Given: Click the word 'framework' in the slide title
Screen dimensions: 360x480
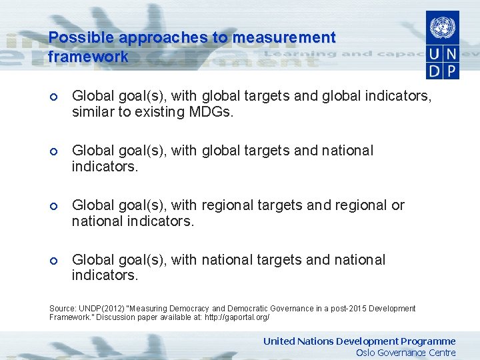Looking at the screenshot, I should [x=88, y=57].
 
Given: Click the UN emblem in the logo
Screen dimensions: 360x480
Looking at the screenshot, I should [x=441, y=27].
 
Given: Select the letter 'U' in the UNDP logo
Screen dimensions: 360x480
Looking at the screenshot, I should [x=434, y=55].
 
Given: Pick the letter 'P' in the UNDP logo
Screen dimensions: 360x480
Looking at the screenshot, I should [x=451, y=71].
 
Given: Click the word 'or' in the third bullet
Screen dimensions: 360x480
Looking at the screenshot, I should [x=398, y=205].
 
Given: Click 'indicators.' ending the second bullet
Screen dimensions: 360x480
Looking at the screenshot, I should [x=105, y=166].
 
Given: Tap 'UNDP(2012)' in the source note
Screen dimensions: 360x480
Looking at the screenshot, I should [x=99, y=309].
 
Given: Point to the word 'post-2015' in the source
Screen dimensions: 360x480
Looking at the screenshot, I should [x=335, y=309].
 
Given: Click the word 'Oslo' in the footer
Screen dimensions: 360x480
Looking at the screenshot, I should [x=366, y=353].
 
